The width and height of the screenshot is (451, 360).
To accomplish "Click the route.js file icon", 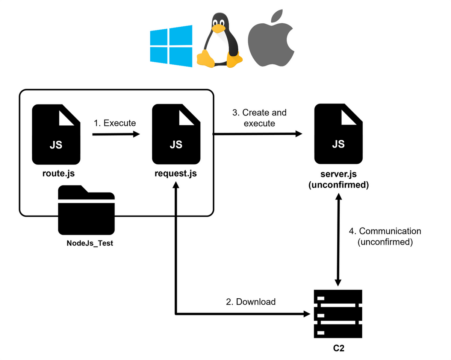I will pos(56,134).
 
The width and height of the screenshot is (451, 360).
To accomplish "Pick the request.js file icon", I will pos(176,134).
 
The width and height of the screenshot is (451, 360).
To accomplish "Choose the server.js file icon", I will pos(338,134).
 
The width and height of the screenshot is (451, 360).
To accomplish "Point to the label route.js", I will pos(56,175).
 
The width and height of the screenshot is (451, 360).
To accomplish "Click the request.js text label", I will pos(176,175).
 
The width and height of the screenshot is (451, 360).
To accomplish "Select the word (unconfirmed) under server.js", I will pos(338,185).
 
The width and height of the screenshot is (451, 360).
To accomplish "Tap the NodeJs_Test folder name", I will pos(90,243).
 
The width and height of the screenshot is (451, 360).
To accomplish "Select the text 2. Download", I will pos(250,302).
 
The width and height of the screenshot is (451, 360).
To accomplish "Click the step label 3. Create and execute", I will pos(259,118).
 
